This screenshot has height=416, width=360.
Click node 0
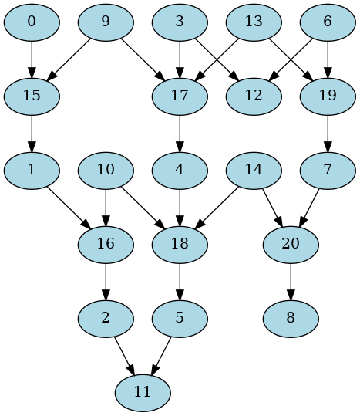coord(32,22)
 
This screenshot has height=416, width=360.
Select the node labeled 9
coord(106,22)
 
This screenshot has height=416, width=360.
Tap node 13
coord(254,22)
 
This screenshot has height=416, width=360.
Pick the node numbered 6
coord(328,22)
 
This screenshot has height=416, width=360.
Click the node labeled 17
coord(180,96)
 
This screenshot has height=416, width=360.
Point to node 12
coord(254,96)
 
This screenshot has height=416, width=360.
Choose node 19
coord(328,96)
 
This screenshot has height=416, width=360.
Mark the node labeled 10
coord(106,170)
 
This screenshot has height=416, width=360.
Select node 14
coord(254,170)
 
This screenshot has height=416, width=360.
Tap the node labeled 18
coord(180,244)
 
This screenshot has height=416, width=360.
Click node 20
coord(291,244)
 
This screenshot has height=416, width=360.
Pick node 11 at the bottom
coord(143,392)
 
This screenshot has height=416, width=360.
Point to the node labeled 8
coord(291,318)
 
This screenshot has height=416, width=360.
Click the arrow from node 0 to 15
coord(32,59)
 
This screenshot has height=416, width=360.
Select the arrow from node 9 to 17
coord(143,59)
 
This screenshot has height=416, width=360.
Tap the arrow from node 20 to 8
coord(291,281)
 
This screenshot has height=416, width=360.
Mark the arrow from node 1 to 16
coord(69,207)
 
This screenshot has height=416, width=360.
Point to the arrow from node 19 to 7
coord(328,133)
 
